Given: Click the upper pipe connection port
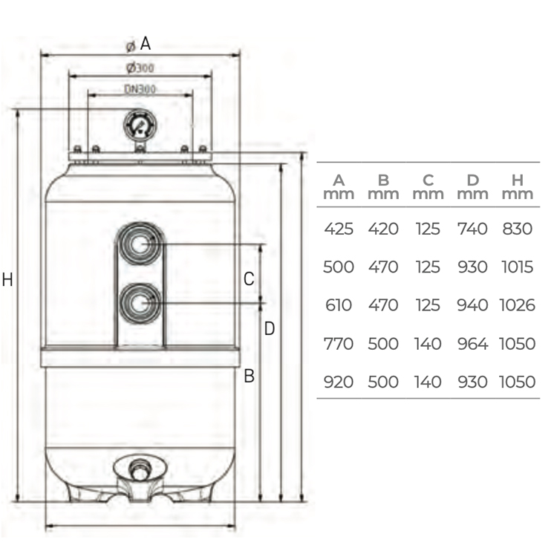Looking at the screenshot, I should pyautogui.click(x=140, y=242).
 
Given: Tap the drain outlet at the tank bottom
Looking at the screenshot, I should pyautogui.click(x=137, y=471).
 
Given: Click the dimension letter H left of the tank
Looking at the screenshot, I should pyautogui.click(x=7, y=280).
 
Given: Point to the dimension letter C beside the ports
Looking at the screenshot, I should pyautogui.click(x=250, y=279).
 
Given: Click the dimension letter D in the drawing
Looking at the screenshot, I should pyautogui.click(x=270, y=328).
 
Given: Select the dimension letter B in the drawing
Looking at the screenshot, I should pyautogui.click(x=250, y=377).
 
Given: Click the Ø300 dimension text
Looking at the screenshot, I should pyautogui.click(x=140, y=68).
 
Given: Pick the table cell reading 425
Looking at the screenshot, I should pyautogui.click(x=339, y=229).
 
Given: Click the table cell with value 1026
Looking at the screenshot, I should pyautogui.click(x=518, y=305).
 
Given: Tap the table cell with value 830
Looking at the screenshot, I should pyautogui.click(x=518, y=229).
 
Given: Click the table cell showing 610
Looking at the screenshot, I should pyautogui.click(x=339, y=305).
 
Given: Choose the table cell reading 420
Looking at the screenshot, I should pyautogui.click(x=383, y=229).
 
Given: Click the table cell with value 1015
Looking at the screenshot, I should pyautogui.click(x=518, y=267).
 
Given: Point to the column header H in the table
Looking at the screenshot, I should pyautogui.click(x=518, y=180).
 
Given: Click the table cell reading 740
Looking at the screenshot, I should pyautogui.click(x=472, y=229).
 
